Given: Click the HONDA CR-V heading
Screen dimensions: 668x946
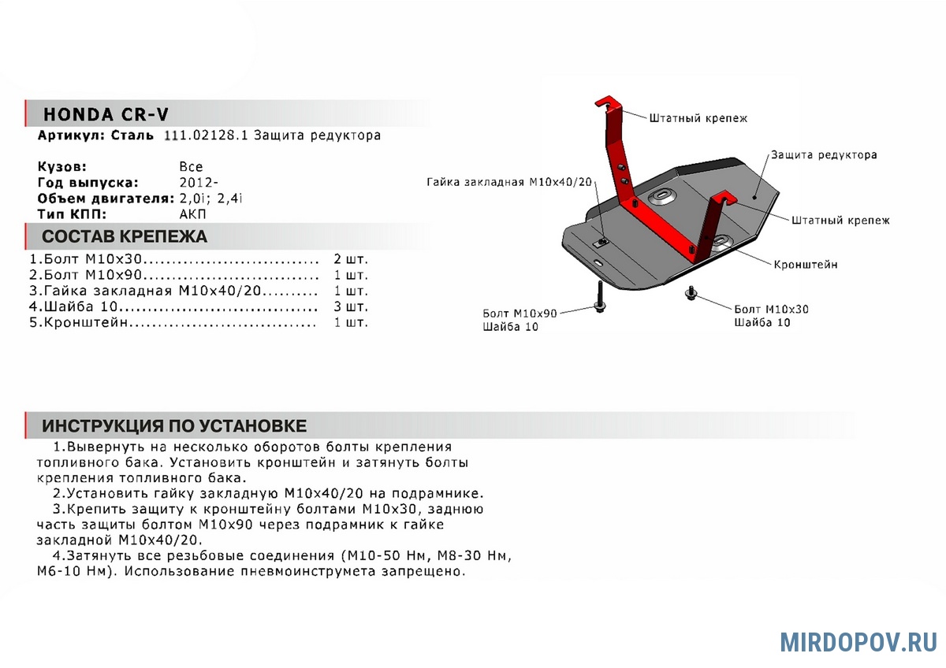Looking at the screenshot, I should click(x=105, y=114).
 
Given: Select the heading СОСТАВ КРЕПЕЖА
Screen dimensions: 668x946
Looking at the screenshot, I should click(x=124, y=236).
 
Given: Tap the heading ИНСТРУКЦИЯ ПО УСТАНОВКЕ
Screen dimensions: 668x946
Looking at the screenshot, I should click(x=174, y=426).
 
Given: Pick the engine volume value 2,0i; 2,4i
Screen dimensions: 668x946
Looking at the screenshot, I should click(x=210, y=199).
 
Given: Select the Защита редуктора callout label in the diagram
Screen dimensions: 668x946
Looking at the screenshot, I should click(x=824, y=155).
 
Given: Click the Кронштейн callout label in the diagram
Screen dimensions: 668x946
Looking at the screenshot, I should click(x=806, y=265).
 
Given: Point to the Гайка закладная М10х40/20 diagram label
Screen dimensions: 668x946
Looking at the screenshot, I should click(x=508, y=182).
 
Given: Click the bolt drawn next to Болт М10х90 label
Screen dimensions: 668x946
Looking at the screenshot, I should click(x=600, y=299).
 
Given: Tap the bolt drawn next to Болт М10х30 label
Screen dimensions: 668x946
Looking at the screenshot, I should click(x=692, y=293).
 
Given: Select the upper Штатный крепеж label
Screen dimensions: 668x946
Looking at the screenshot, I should click(x=698, y=118).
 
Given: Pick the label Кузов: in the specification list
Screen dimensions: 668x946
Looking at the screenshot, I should click(x=62, y=167).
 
